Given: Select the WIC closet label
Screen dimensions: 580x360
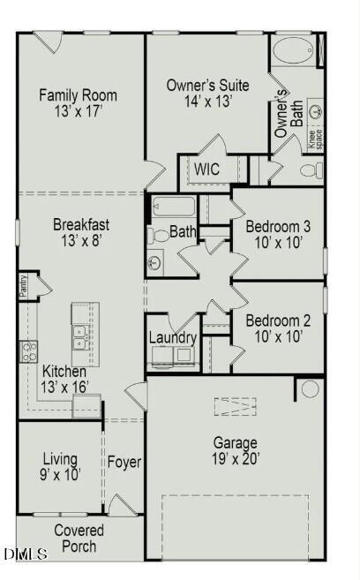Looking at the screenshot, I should (207, 168).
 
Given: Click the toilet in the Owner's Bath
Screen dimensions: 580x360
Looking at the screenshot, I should (311, 169).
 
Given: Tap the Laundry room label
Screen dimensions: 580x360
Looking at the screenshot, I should (172, 337).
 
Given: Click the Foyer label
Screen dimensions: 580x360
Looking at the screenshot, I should (124, 462).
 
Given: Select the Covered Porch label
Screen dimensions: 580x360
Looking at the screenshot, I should (79, 539).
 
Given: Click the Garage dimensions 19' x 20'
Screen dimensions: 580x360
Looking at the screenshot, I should (235, 459).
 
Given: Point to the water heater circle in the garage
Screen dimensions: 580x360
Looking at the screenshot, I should (310, 388).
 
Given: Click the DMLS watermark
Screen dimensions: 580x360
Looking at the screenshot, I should (25, 554).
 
